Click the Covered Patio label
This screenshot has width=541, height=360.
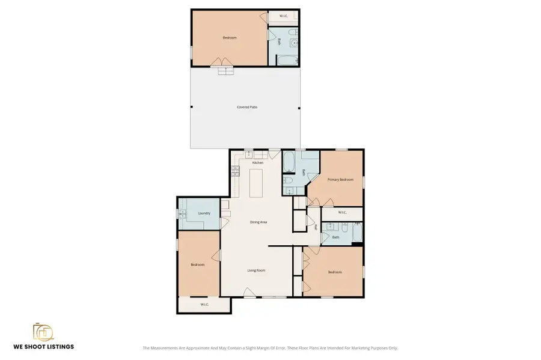(246, 107)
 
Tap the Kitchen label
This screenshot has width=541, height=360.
(257, 163)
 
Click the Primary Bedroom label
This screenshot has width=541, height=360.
(340, 180)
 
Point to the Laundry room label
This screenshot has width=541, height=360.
(204, 213)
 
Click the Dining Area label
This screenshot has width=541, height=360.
(258, 222)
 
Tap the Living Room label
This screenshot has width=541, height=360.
(256, 270)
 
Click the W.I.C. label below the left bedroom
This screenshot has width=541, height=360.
(204, 305)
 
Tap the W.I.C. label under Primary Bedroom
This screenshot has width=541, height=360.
(342, 212)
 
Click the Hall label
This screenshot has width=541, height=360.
(315, 228)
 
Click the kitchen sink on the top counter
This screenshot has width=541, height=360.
(248, 154)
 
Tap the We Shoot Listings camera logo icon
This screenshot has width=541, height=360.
(43, 332)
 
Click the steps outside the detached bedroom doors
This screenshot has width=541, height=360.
(226, 71)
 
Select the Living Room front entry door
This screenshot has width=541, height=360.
(248, 293)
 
